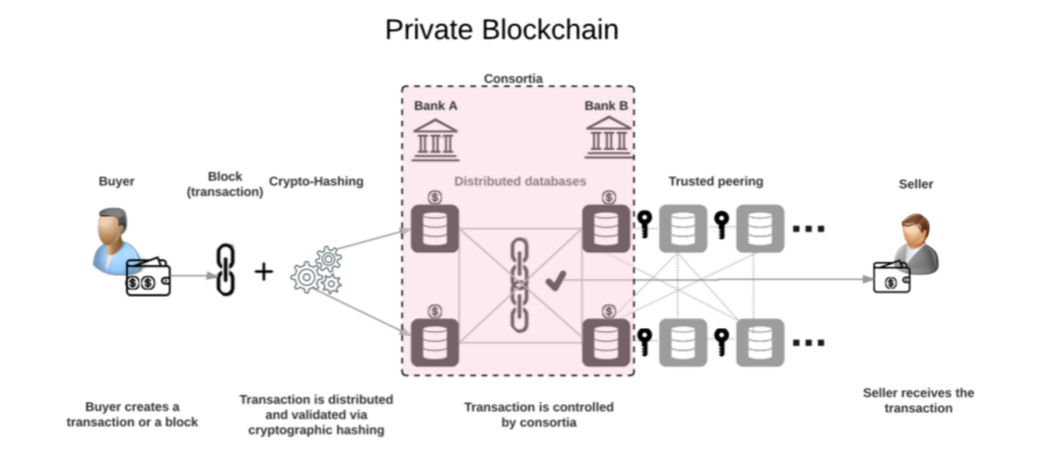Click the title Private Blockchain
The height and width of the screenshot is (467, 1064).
coord(501,30)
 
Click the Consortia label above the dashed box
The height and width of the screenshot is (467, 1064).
coord(513,78)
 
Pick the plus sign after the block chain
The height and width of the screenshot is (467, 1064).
coord(263,271)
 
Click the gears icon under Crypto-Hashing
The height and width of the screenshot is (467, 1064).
coord(316,271)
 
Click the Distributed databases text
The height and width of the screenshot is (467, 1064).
coord(519,182)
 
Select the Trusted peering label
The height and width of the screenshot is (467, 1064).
coord(715,182)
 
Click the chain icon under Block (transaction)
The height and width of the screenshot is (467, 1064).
coord(226,269)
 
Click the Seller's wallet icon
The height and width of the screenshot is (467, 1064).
coord(892,279)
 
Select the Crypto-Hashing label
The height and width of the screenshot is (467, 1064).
coord(316,182)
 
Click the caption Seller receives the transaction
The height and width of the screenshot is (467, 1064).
coord(917,400)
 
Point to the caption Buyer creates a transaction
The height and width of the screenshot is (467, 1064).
coord(132,414)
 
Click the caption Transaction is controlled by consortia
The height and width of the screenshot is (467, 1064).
coord(539,414)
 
